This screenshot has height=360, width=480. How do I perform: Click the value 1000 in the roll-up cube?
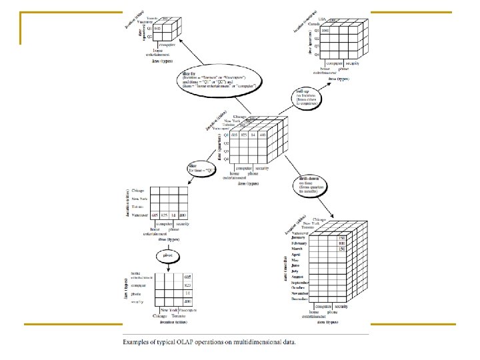(x=325, y=31)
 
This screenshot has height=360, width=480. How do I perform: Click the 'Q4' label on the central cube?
(x=227, y=159)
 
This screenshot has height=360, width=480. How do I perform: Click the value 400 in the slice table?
(x=183, y=216)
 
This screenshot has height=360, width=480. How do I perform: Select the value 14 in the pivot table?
(x=187, y=293)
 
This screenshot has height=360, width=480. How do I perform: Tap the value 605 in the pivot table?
(x=187, y=275)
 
